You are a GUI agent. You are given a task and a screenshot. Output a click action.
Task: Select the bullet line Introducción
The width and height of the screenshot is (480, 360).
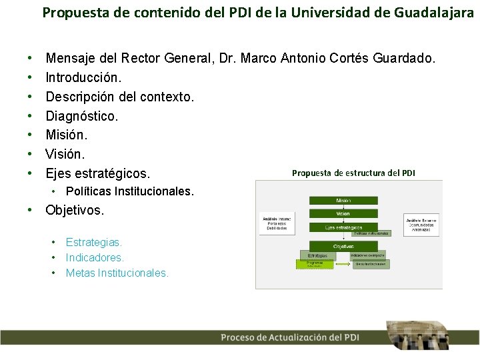[83, 78]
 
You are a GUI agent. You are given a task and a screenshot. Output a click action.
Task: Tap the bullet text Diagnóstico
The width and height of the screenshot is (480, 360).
[82, 116]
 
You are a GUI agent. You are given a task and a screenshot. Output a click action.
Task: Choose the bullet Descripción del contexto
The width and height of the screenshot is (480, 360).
[120, 97]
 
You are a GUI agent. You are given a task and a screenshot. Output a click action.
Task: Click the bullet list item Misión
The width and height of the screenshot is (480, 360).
[66, 135]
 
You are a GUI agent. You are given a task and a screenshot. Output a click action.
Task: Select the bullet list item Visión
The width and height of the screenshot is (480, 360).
[65, 155]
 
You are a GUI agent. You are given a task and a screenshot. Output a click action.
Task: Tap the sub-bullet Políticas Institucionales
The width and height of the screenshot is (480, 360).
[130, 191]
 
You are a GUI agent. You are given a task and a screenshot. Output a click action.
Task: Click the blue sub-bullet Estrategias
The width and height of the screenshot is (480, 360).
[94, 243]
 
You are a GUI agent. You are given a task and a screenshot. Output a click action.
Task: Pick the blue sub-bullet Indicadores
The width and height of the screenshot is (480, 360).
[95, 257]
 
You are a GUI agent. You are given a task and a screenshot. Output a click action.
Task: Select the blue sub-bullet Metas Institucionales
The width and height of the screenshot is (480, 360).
[117, 273]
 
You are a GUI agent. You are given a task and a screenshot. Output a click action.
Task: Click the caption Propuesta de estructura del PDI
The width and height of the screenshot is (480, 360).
[353, 173]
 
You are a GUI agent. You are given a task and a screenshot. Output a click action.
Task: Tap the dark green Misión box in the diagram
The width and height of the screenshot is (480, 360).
[343, 200]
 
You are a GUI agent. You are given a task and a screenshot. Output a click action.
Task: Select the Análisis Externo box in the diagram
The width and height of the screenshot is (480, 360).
[422, 223]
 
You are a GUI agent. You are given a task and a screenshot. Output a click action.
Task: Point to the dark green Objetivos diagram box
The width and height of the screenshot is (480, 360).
[343, 246]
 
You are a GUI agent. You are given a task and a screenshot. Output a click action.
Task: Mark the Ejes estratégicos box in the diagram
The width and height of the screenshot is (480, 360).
[343, 227]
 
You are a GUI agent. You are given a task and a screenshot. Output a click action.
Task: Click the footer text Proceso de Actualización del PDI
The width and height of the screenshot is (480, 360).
[290, 337]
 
